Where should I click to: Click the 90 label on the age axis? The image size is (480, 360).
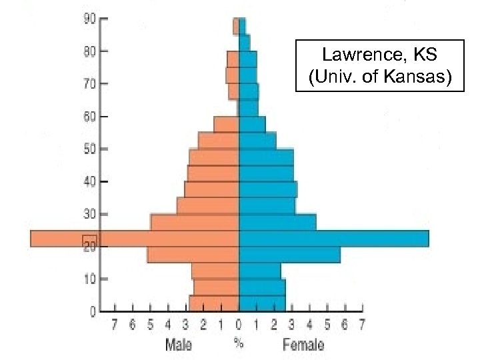click(89, 19)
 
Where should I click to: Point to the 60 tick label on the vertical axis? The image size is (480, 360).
click(89, 117)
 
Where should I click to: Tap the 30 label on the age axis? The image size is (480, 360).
click(89, 214)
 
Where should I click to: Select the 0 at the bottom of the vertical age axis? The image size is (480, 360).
click(92, 311)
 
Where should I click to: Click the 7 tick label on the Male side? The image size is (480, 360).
click(115, 325)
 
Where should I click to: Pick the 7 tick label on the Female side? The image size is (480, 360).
click(362, 325)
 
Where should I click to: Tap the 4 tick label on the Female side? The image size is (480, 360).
click(309, 325)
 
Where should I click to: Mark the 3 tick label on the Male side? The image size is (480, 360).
click(185, 325)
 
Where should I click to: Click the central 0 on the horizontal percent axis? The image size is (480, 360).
click(239, 325)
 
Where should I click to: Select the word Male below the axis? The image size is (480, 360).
click(179, 345)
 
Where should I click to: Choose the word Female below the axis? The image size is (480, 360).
click(303, 345)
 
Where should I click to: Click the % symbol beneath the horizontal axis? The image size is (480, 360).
click(238, 343)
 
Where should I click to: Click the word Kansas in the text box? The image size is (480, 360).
click(417, 78)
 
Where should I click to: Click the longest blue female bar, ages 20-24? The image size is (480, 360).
click(333, 239)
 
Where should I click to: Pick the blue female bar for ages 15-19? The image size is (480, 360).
click(289, 255)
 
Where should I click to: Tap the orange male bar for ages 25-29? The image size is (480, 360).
click(195, 222)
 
